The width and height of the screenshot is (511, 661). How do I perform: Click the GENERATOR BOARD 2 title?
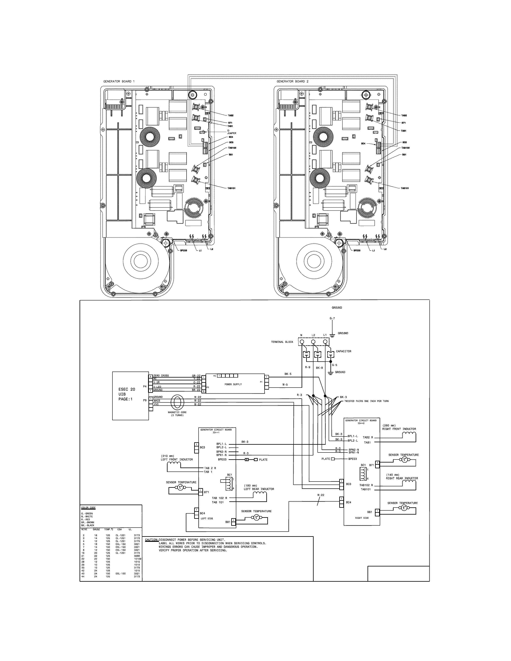[x=292, y=81]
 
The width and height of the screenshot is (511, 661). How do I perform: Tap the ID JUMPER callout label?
[x=232, y=132]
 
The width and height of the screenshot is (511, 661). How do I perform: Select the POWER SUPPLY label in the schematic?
[x=233, y=384]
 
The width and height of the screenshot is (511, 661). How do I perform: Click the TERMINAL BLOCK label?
[x=282, y=342]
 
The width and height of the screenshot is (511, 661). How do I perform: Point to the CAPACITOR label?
[x=344, y=351]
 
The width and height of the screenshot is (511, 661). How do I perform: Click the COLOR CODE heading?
[x=88, y=508]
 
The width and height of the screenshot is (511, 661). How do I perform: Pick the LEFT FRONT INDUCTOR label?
[x=177, y=459]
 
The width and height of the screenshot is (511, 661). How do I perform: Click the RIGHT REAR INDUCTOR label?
[x=402, y=479]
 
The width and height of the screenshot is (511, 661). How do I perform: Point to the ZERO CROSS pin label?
[x=161, y=376]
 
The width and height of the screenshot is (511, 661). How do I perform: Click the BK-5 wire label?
[x=288, y=374]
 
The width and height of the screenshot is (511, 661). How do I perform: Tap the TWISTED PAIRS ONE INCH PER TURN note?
[x=366, y=401]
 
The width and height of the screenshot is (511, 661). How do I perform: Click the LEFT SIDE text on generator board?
[x=207, y=518]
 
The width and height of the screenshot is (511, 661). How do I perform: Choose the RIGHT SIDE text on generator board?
[x=362, y=518]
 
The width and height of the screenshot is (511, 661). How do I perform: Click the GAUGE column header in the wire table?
[x=96, y=530]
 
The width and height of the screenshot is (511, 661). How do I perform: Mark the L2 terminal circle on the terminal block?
[x=313, y=342]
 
